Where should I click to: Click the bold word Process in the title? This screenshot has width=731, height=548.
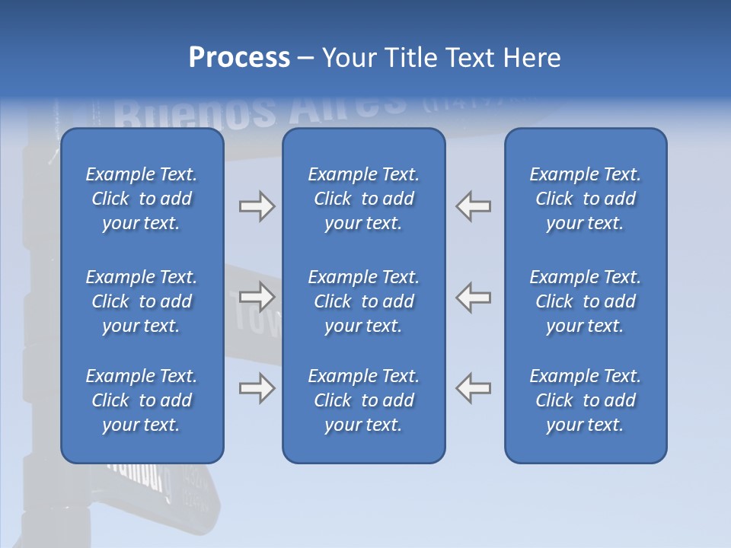point(239,58)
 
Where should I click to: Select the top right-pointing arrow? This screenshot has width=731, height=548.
point(257,206)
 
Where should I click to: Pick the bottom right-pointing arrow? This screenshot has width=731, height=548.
point(257,388)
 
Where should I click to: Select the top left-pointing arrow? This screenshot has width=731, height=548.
point(474,206)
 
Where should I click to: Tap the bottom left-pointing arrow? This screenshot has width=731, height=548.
point(474,388)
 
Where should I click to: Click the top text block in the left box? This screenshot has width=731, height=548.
point(142,199)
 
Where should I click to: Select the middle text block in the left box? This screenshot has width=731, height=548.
point(142,301)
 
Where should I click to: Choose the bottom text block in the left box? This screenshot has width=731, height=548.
point(142,400)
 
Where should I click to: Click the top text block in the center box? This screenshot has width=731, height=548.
point(363,199)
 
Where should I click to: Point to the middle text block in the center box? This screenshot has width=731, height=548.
point(363,301)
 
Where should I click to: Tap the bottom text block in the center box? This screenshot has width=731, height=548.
point(363,400)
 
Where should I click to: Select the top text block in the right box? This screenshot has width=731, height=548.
point(585,199)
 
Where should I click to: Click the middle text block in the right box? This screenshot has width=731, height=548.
point(585,301)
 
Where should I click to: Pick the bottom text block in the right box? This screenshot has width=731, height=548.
point(585,400)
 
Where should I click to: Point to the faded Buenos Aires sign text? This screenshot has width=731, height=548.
point(259,110)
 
